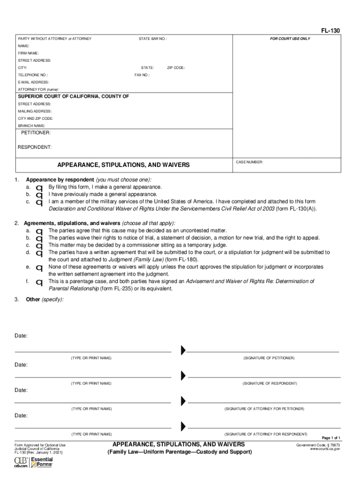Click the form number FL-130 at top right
[330, 31]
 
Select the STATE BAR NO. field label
[153, 38]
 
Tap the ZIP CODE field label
[176, 68]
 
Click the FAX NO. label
[142, 75]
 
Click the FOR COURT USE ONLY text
[290, 38]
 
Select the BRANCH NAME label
[32, 126]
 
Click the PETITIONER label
[36, 133]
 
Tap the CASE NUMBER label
[250, 162]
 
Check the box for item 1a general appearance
[40, 188]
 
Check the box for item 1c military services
[40, 203]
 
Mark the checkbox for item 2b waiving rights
[40, 239]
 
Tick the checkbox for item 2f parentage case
[40, 283]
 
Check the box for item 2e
[40, 268]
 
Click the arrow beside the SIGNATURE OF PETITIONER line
[183, 350]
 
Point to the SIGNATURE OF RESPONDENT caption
[270, 384]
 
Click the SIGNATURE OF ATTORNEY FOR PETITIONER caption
[264, 409]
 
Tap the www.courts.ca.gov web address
[325, 449]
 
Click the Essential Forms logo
[42, 462]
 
